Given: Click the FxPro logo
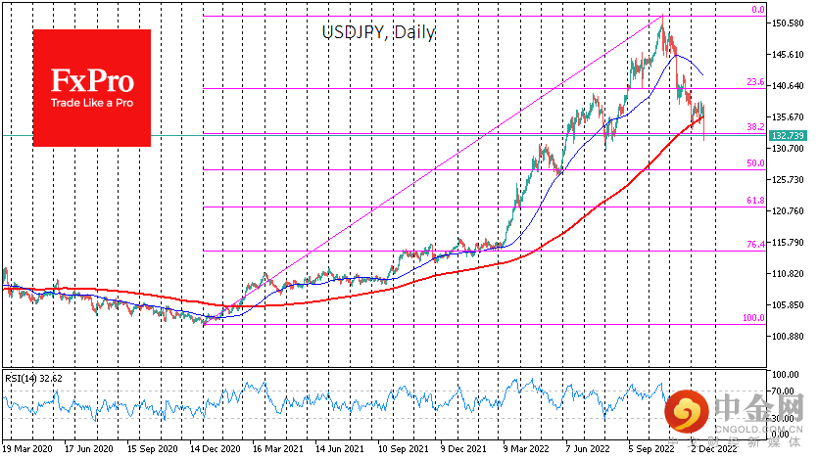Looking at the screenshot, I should tap(92, 87).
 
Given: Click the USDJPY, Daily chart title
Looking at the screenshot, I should tap(378, 32).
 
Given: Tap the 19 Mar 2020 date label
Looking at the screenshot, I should tap(27, 450).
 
